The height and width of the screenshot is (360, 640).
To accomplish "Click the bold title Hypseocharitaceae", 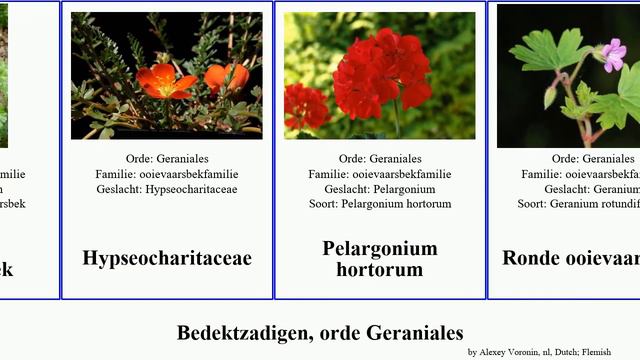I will (x=167, y=258).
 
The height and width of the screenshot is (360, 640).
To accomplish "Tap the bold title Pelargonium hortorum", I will (x=380, y=258).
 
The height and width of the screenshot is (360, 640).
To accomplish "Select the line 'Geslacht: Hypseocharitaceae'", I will (x=167, y=189).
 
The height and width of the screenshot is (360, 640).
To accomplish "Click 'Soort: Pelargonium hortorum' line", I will (x=380, y=204).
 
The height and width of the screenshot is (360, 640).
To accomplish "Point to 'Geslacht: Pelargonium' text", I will (x=380, y=189).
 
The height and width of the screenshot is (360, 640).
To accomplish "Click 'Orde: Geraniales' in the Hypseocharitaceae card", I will (x=167, y=159).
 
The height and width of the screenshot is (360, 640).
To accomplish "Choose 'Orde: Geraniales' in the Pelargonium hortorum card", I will (x=380, y=159).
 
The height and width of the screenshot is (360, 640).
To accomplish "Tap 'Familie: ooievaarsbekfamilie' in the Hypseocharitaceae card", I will (x=167, y=174).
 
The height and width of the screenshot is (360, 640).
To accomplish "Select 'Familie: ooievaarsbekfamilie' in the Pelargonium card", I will (x=380, y=174).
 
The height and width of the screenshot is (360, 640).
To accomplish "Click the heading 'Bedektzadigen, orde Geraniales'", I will (x=320, y=332).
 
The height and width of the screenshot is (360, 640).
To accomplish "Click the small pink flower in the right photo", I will (x=613, y=53).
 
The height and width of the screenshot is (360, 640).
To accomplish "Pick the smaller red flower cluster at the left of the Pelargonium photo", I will (x=305, y=104).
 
